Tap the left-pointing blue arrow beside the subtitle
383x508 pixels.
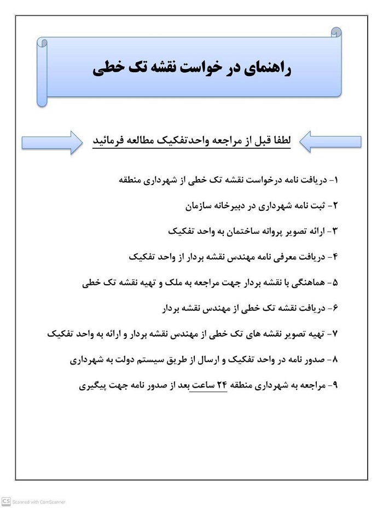tap(330, 142)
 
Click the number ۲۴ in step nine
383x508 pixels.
tap(222, 385)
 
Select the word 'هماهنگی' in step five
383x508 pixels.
tap(306, 283)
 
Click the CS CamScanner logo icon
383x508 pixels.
tap(6, 501)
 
